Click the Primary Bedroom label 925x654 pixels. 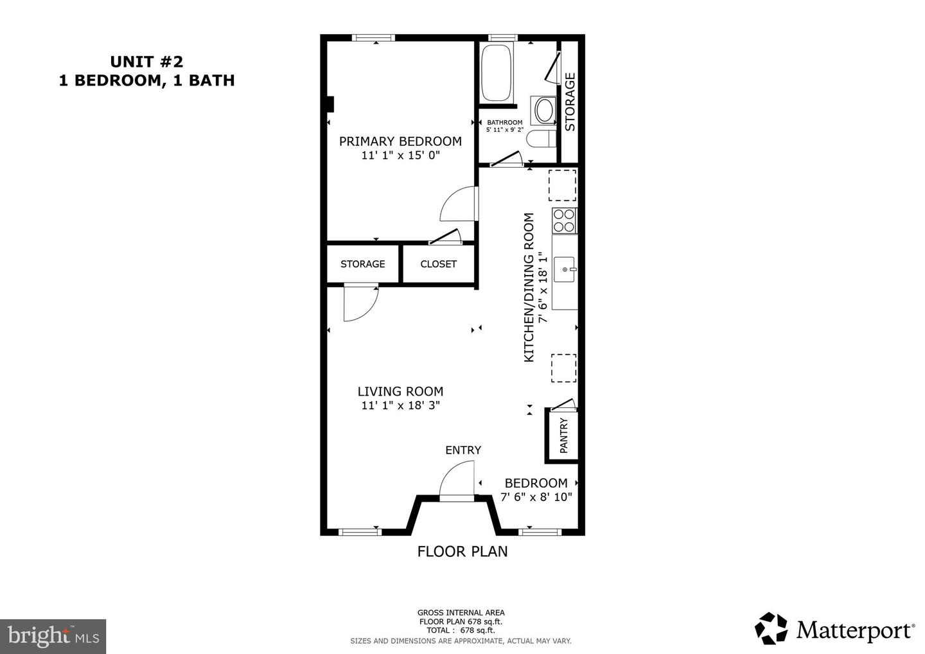[400, 141]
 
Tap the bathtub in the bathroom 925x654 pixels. [497, 72]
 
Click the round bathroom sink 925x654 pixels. [545, 110]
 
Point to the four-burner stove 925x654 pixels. [564, 220]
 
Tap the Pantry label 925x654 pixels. [564, 436]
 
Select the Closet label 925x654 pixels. [438, 264]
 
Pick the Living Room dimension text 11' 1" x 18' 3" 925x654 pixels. [400, 405]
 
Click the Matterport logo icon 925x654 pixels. [771, 628]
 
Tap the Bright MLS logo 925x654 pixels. [53, 636]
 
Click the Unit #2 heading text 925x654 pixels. [146, 62]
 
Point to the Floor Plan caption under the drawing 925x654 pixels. [463, 551]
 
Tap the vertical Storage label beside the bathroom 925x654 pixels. [570, 102]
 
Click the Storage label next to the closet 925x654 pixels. [363, 264]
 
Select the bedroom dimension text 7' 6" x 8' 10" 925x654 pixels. [536, 497]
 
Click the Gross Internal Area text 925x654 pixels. [461, 612]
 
